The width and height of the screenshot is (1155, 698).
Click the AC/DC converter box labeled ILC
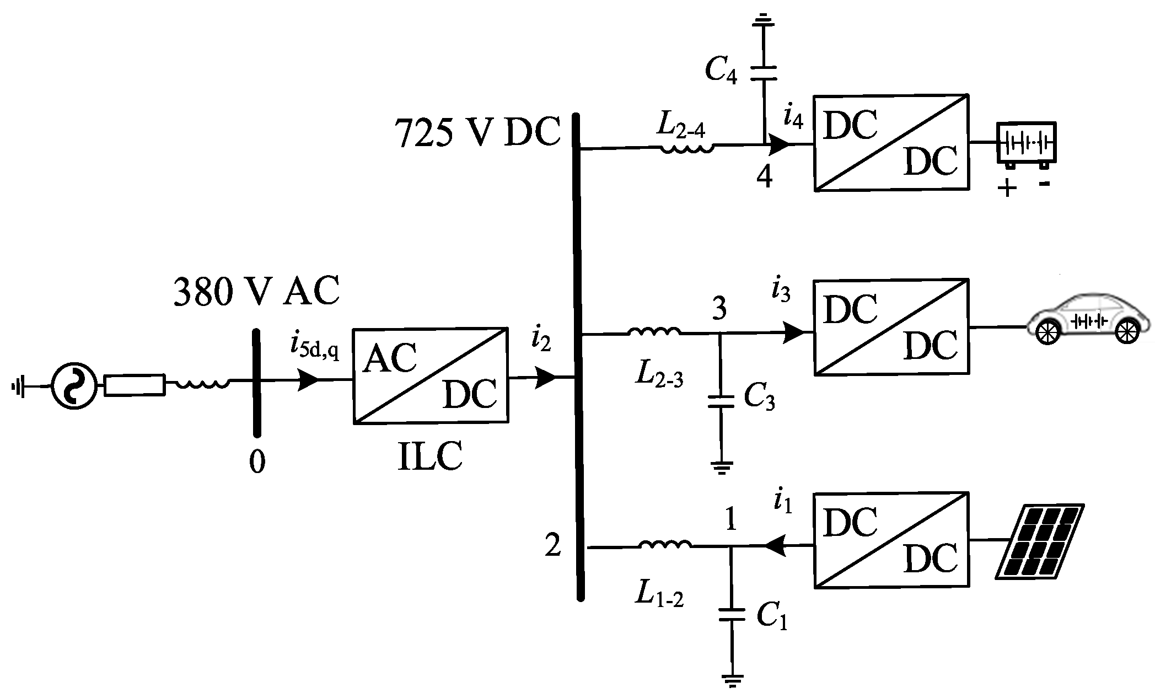430,376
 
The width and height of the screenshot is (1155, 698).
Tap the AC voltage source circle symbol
74,386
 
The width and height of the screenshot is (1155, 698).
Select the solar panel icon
1039,541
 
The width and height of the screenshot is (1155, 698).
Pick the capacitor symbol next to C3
720,401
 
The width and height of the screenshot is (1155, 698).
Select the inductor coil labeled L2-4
686,148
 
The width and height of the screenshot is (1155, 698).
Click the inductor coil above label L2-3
654,332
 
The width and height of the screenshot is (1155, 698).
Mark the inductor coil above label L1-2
665,546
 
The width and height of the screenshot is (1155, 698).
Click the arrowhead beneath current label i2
546,378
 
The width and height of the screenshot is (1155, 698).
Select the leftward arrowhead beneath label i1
775,545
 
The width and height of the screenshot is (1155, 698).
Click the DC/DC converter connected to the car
891,327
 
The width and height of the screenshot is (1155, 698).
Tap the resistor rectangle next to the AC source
135,385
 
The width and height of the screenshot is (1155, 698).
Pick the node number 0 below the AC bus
257,462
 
